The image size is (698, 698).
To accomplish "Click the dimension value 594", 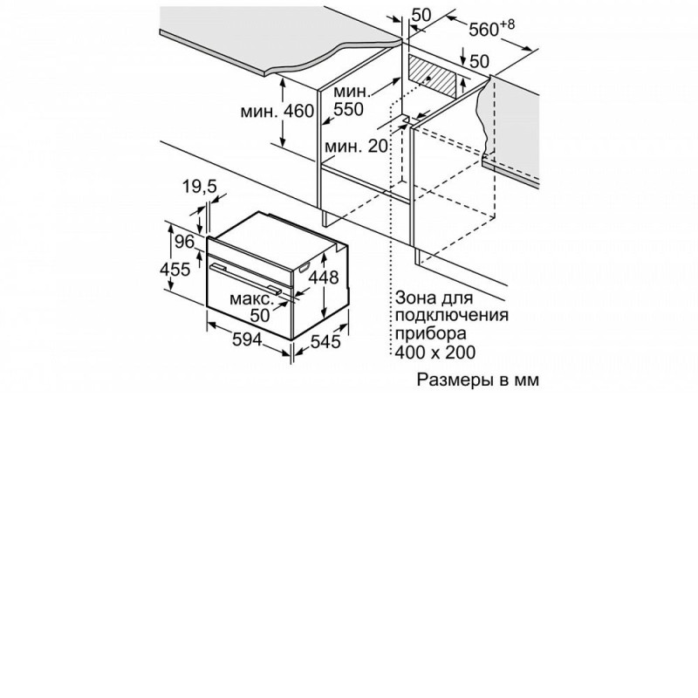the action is point(247,339).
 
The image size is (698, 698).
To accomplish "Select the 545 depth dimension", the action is point(325,341).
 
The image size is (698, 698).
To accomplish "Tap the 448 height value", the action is point(324,277).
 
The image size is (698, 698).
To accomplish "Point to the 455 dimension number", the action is point(175,270).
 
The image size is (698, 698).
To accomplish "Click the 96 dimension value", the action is point(184,242).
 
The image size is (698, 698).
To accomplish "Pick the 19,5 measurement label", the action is point(200,187).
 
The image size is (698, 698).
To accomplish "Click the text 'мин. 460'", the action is point(277,112).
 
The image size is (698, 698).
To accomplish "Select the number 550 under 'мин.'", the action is point(348,109).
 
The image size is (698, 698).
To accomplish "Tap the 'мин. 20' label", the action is point(356,146).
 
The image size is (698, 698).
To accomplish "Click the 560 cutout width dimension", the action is point(491,29).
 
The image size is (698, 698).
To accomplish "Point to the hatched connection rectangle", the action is point(433,77).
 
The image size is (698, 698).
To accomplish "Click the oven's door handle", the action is point(246,278).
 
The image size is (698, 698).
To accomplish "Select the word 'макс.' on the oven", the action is point(251,298).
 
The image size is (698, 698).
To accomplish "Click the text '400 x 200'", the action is point(435,352).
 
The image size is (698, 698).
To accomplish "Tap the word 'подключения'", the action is point(451,316).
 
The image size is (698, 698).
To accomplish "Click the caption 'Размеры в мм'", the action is point(477,380).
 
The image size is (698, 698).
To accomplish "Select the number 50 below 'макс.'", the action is point(260,315).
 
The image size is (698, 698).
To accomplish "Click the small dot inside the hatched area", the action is point(428,78).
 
